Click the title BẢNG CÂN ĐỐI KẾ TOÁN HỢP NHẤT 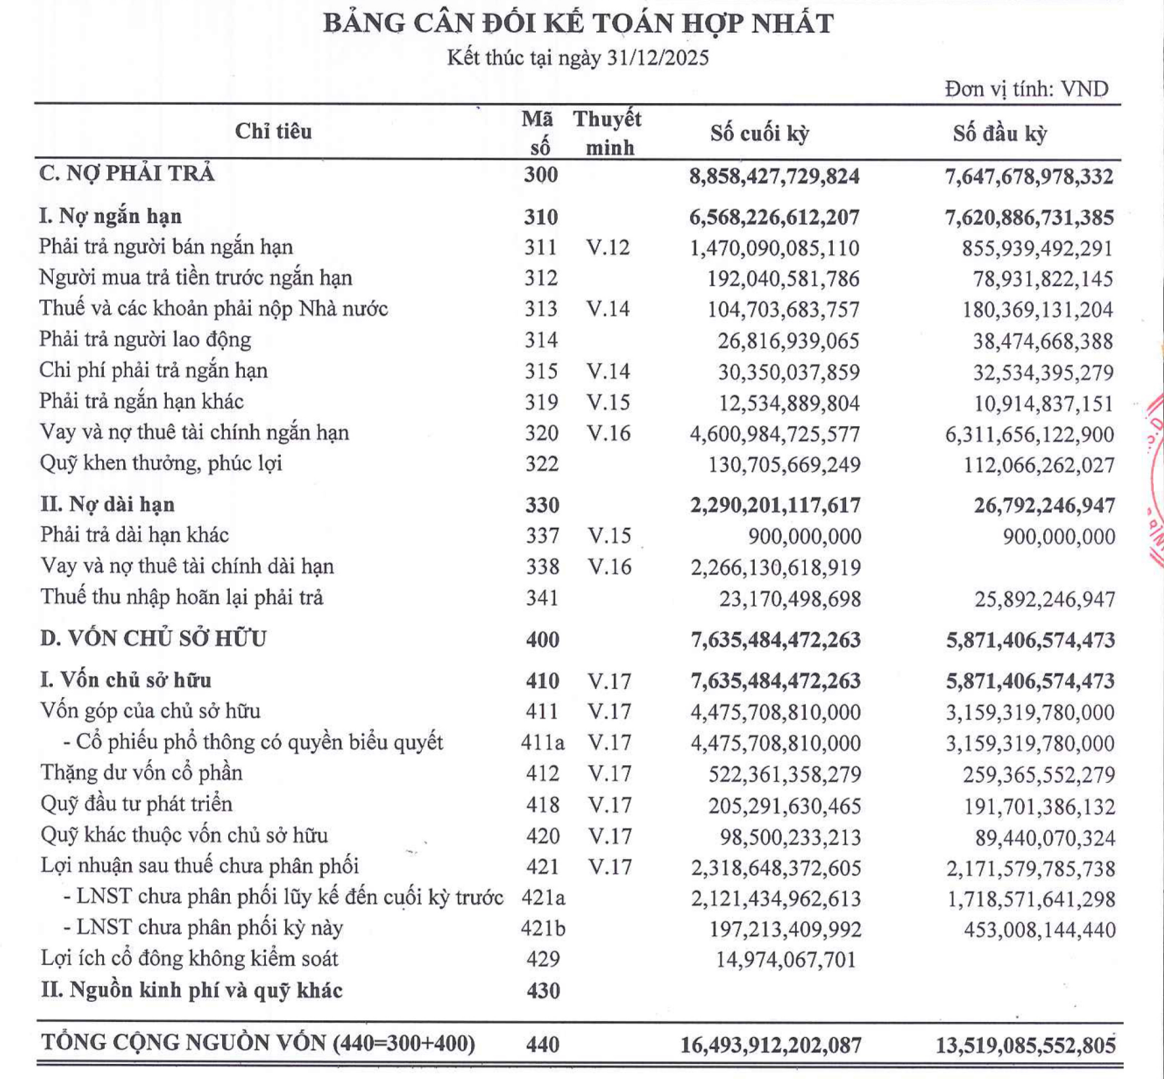578,23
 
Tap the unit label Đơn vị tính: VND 1026,89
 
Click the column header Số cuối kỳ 759,133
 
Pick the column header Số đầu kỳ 1000,133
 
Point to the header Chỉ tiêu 273,131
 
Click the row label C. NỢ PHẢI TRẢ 127,174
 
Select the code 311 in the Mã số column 541,248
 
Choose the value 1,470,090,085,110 774,248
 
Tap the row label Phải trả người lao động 145,340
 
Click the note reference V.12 608,248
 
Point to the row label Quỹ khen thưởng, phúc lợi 161,463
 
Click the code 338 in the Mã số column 543,567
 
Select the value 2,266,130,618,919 776,568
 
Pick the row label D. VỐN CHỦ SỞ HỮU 153,639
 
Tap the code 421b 543,929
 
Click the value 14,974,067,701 786,960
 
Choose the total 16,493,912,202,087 771,1045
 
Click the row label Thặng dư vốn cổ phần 142,773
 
